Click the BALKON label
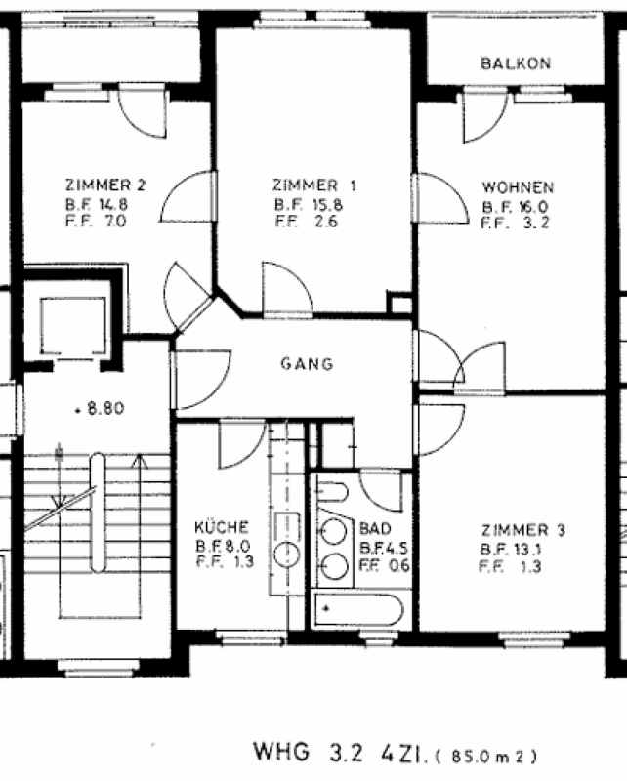pos(516,63)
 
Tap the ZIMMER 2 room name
pos(105,185)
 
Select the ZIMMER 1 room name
pos(314,185)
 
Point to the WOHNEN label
pos(518,187)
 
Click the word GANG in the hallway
pos(307,363)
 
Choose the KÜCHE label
pos(222,527)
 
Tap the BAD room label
pos(375,528)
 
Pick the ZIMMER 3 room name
pos(522,530)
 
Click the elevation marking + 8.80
pos(100,408)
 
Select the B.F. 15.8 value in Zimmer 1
pos(309,205)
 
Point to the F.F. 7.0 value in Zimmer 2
pos(96,221)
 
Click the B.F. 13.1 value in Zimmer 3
pos(511,549)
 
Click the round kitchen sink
pos(286,553)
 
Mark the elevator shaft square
pos(73,326)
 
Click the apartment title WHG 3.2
pos(308,752)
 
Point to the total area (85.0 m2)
pos(486,757)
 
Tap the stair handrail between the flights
pos(98,512)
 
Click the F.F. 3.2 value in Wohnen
pos(515,223)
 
